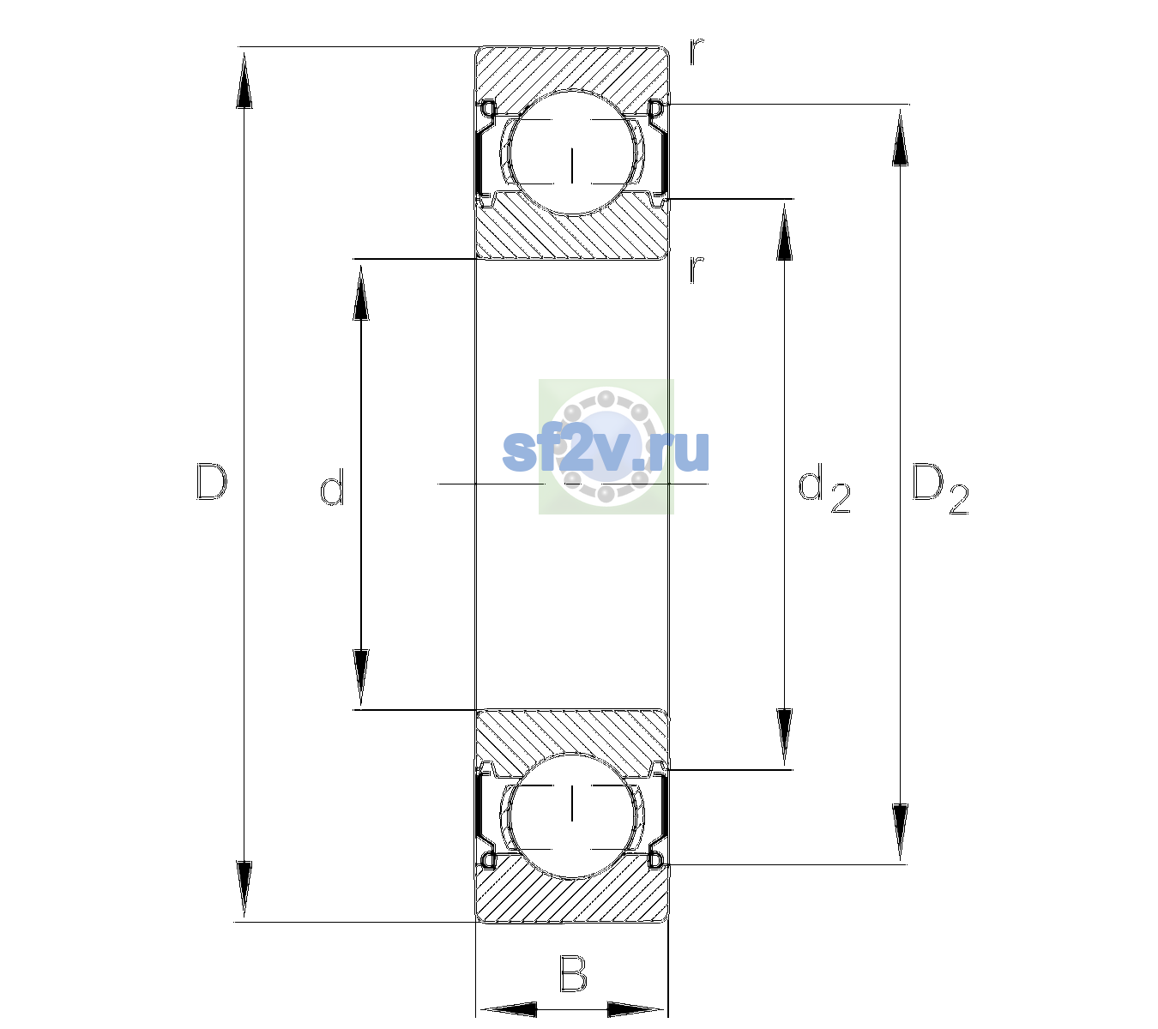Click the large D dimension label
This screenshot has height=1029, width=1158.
[212, 482]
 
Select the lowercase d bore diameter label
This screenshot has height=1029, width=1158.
[332, 487]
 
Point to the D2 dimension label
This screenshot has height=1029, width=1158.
[940, 489]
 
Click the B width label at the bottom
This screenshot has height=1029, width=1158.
[573, 972]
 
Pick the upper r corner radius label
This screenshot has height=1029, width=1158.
[697, 51]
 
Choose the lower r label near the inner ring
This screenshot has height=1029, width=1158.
[697, 269]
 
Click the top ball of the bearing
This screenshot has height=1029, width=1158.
[572, 153]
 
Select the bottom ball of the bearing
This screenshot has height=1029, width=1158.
[572, 815]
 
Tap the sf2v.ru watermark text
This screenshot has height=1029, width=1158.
[606, 451]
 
